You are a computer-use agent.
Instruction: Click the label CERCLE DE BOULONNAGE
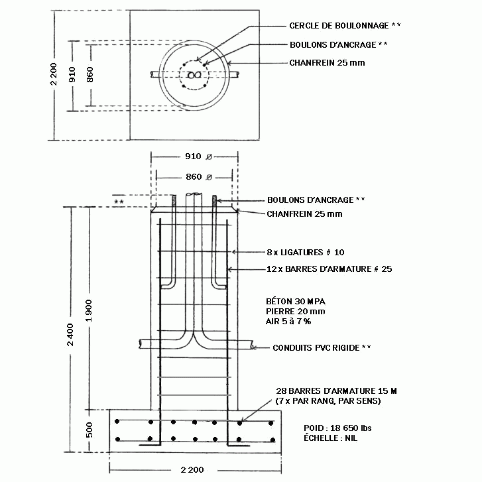tap(339, 25)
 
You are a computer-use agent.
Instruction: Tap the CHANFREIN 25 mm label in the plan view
tap(327, 63)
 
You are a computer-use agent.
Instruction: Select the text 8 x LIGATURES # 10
tap(306, 253)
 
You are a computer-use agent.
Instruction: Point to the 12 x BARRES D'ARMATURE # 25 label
tap(330, 269)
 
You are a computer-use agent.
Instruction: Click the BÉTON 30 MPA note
tap(296, 301)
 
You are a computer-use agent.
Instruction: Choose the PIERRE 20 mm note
tap(296, 312)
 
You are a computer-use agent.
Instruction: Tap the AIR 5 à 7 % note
tap(288, 322)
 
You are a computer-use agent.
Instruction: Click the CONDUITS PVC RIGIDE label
tap(316, 347)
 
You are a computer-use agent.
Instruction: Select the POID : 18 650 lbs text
tap(337, 428)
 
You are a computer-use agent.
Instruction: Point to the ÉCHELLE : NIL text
tap(330, 438)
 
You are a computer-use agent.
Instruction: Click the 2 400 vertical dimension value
tap(70, 335)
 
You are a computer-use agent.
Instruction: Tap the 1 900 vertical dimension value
tap(89, 310)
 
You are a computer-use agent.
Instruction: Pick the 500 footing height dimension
tap(89, 430)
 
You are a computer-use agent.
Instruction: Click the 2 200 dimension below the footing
tap(192, 469)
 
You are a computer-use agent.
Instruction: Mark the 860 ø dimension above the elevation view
tap(199, 177)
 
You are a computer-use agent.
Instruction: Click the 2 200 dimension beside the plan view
tap(54, 74)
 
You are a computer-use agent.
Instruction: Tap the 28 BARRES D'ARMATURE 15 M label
tap(336, 391)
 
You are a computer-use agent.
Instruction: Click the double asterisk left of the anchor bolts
tap(119, 202)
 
